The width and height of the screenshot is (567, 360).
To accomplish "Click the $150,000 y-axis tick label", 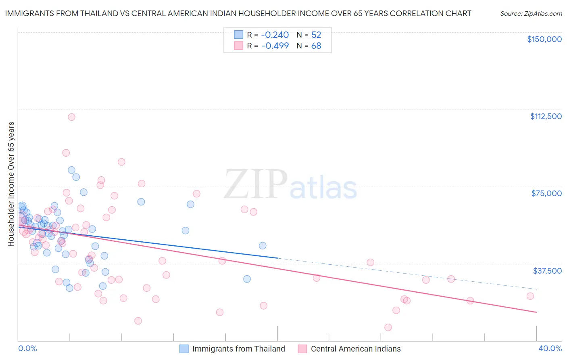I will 544,39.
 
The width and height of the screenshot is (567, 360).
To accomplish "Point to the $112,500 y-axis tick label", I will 546,116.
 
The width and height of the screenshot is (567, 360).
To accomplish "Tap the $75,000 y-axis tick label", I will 546,193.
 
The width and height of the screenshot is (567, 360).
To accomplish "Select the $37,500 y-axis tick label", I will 547,270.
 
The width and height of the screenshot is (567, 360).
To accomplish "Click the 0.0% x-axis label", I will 27,348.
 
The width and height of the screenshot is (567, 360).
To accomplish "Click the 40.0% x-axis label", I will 550,348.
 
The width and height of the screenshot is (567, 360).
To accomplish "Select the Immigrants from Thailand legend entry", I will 232,349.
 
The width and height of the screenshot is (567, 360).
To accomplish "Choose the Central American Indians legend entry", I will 350,349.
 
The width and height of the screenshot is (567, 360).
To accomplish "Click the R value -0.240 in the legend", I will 275,35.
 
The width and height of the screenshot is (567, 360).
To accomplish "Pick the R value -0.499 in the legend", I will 275,46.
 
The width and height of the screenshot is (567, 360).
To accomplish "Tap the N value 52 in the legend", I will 316,35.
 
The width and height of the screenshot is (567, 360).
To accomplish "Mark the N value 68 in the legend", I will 316,46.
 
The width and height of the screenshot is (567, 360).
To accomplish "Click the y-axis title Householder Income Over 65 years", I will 11,184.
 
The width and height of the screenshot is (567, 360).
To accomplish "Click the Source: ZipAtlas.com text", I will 531,13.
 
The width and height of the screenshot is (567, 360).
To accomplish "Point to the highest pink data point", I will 71,117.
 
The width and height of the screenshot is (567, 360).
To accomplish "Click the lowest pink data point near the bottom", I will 388,327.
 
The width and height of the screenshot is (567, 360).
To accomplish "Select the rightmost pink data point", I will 530,296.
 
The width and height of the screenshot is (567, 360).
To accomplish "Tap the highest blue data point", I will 71,170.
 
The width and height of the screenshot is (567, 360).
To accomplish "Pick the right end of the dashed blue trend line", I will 537,289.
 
